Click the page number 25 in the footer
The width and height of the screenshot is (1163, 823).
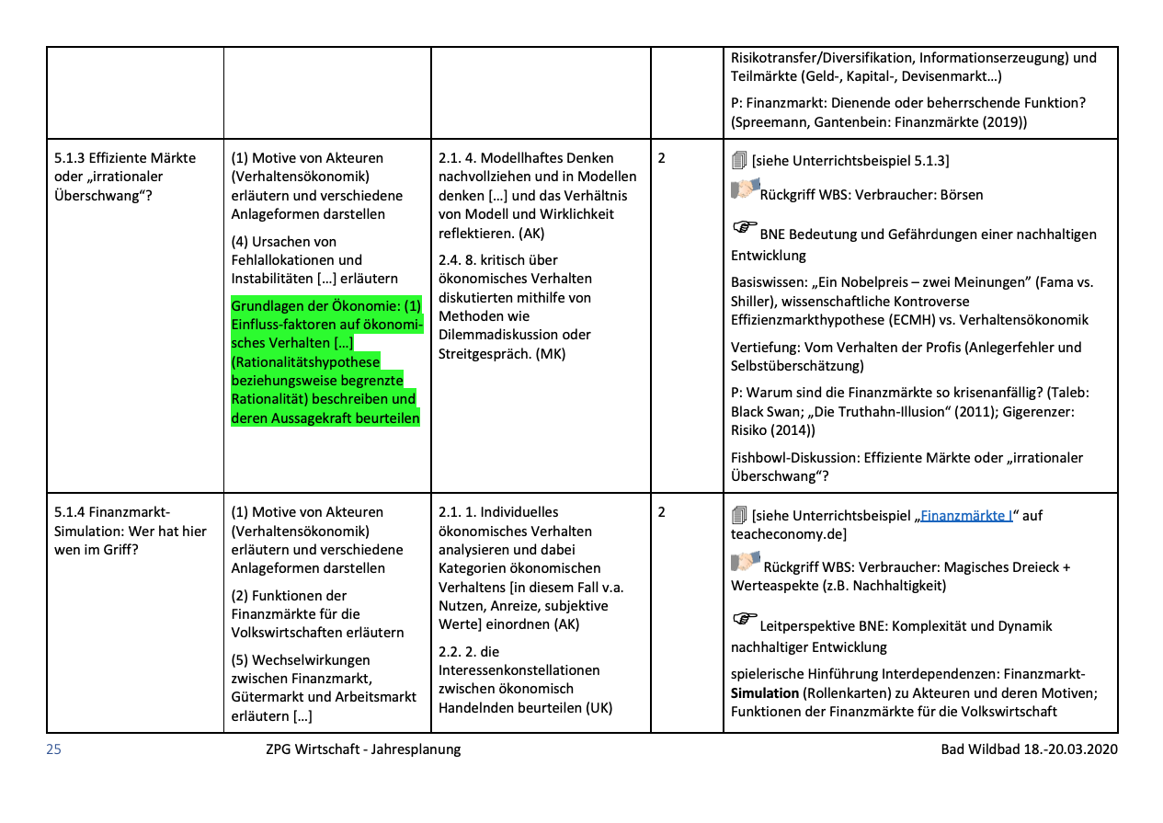pyautogui.click(x=53, y=749)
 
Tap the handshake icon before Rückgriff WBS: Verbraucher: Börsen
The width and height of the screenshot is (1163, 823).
pyautogui.click(x=745, y=190)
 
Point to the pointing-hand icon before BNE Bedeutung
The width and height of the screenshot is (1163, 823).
pyautogui.click(x=745, y=226)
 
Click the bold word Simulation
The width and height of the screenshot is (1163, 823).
pyautogui.click(x=765, y=692)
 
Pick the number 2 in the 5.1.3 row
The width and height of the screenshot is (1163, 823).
pyautogui.click(x=661, y=158)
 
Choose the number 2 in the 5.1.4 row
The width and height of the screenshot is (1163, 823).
pyautogui.click(x=661, y=512)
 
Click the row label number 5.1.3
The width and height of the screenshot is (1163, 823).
pyautogui.click(x=70, y=158)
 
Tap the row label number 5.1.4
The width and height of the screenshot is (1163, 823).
pyautogui.click(x=70, y=512)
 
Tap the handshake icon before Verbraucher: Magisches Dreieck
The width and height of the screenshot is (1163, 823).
pyautogui.click(x=745, y=563)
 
